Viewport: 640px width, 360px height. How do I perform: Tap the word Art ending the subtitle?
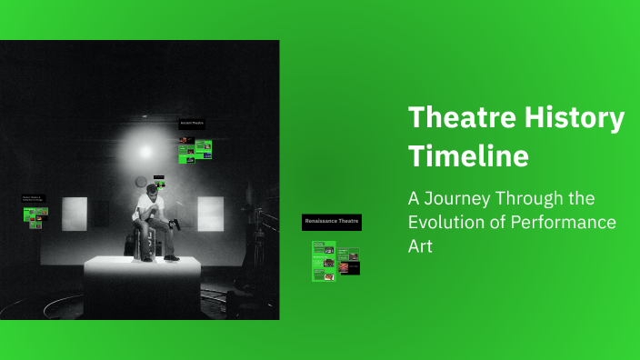click(x=420, y=246)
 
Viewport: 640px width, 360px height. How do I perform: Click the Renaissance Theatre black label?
click(x=332, y=222)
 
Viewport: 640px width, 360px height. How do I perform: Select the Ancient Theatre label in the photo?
click(x=192, y=123)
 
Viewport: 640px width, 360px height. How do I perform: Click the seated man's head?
click(x=151, y=190)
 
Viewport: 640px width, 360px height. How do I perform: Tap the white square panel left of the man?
click(x=75, y=214)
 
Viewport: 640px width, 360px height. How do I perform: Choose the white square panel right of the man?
click(x=210, y=214)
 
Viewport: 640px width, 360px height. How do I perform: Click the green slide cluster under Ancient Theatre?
click(x=195, y=149)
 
